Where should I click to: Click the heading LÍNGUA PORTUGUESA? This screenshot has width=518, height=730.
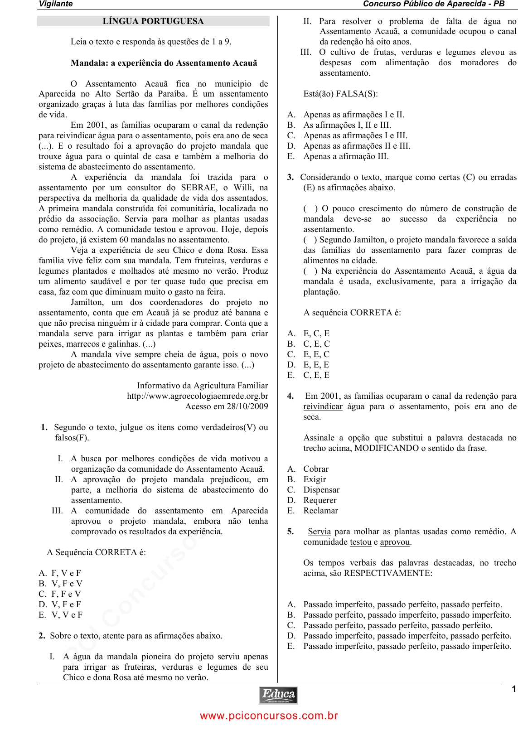153,21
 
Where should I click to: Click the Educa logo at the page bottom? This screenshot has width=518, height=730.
278,695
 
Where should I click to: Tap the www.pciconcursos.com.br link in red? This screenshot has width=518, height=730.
269,716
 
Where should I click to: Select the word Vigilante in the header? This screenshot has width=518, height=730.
55,4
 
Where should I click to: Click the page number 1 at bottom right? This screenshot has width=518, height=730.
513,689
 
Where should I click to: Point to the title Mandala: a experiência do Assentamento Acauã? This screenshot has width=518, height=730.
164,63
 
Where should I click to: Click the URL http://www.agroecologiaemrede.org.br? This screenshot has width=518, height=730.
197,396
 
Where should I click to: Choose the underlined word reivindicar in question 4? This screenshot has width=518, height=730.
323,407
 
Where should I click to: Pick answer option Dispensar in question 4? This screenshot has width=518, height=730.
321,490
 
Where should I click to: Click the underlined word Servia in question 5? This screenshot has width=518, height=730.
319,532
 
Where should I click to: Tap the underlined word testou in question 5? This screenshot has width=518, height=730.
360,542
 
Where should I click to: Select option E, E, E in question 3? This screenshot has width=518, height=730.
316,365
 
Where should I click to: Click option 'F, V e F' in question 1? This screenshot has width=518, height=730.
66,574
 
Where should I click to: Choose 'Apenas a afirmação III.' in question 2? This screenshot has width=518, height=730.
346,157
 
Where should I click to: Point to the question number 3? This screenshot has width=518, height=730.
290,178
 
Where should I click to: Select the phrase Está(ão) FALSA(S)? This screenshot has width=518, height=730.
340,94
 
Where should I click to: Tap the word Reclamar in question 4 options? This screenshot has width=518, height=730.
320,511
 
